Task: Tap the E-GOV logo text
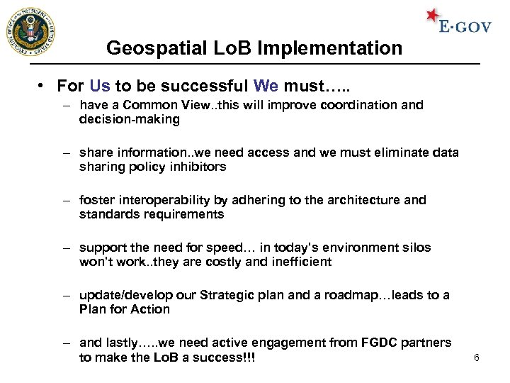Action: [x=465, y=27]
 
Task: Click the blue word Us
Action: [x=100, y=86]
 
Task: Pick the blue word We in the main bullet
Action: [x=266, y=86]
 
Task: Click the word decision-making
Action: [x=130, y=119]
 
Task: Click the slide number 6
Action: [x=477, y=357]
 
